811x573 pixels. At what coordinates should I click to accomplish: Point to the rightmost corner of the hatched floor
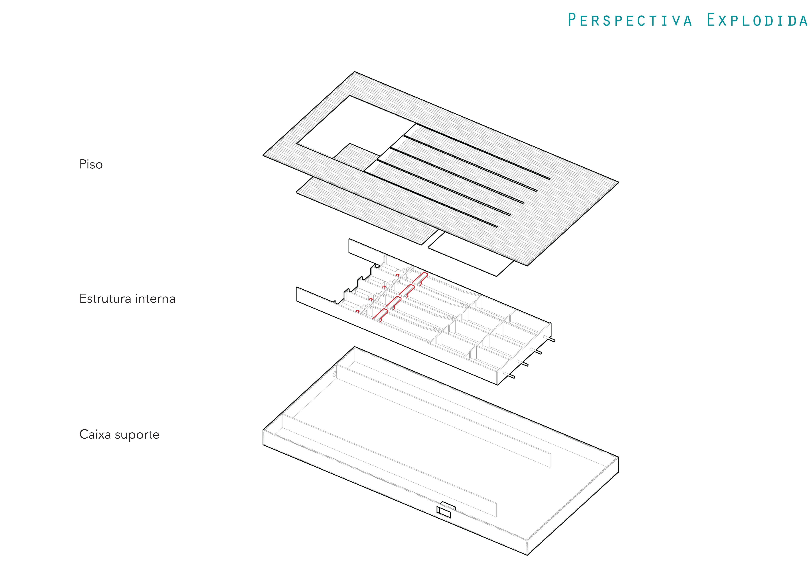pyautogui.click(x=619, y=182)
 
